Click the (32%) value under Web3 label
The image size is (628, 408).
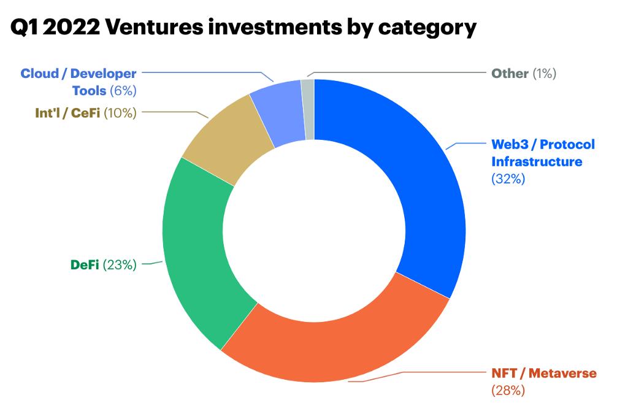(x=508, y=179)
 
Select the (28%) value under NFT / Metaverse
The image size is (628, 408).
(x=508, y=390)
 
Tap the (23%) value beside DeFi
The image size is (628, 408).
(x=120, y=265)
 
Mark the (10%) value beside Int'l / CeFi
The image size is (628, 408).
(x=120, y=113)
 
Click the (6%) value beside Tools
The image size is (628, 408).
(x=123, y=91)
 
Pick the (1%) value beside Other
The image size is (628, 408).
(x=544, y=74)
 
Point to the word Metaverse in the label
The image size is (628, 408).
(x=562, y=373)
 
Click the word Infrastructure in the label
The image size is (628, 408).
(x=537, y=162)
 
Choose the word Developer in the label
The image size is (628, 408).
(x=103, y=74)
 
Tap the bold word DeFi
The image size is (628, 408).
(x=85, y=265)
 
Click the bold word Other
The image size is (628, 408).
(x=510, y=74)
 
